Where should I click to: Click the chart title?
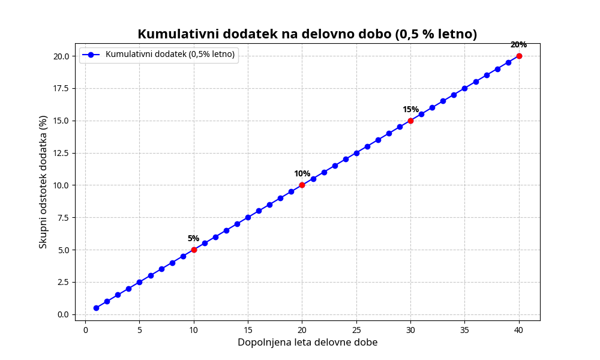307,34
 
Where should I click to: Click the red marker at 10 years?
194,250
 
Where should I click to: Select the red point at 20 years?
302,185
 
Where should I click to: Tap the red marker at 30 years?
410,121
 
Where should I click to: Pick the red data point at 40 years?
519,56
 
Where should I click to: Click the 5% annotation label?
193,238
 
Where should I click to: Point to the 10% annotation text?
302,174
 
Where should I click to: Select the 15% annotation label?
410,109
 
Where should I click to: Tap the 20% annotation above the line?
518,45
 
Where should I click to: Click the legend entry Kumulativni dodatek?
170,55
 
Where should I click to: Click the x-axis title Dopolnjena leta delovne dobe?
307,343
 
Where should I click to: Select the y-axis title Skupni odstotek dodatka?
43,182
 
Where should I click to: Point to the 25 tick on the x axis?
356,329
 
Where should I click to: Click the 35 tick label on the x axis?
464,329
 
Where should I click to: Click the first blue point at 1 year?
96,308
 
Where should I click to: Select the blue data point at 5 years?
139,282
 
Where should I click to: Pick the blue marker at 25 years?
356,153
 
